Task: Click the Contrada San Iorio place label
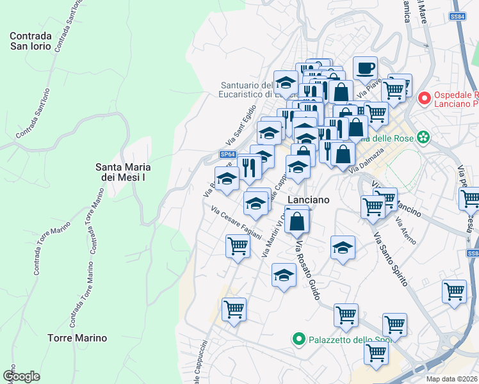[x=35, y=41]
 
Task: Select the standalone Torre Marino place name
[x=77, y=337]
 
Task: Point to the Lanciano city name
[x=309, y=200]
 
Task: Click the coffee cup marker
[x=365, y=68]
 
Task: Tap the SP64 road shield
[x=228, y=154]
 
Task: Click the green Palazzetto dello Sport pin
[x=298, y=339]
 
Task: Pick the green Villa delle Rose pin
[x=423, y=137]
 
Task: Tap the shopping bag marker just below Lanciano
[x=298, y=223]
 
